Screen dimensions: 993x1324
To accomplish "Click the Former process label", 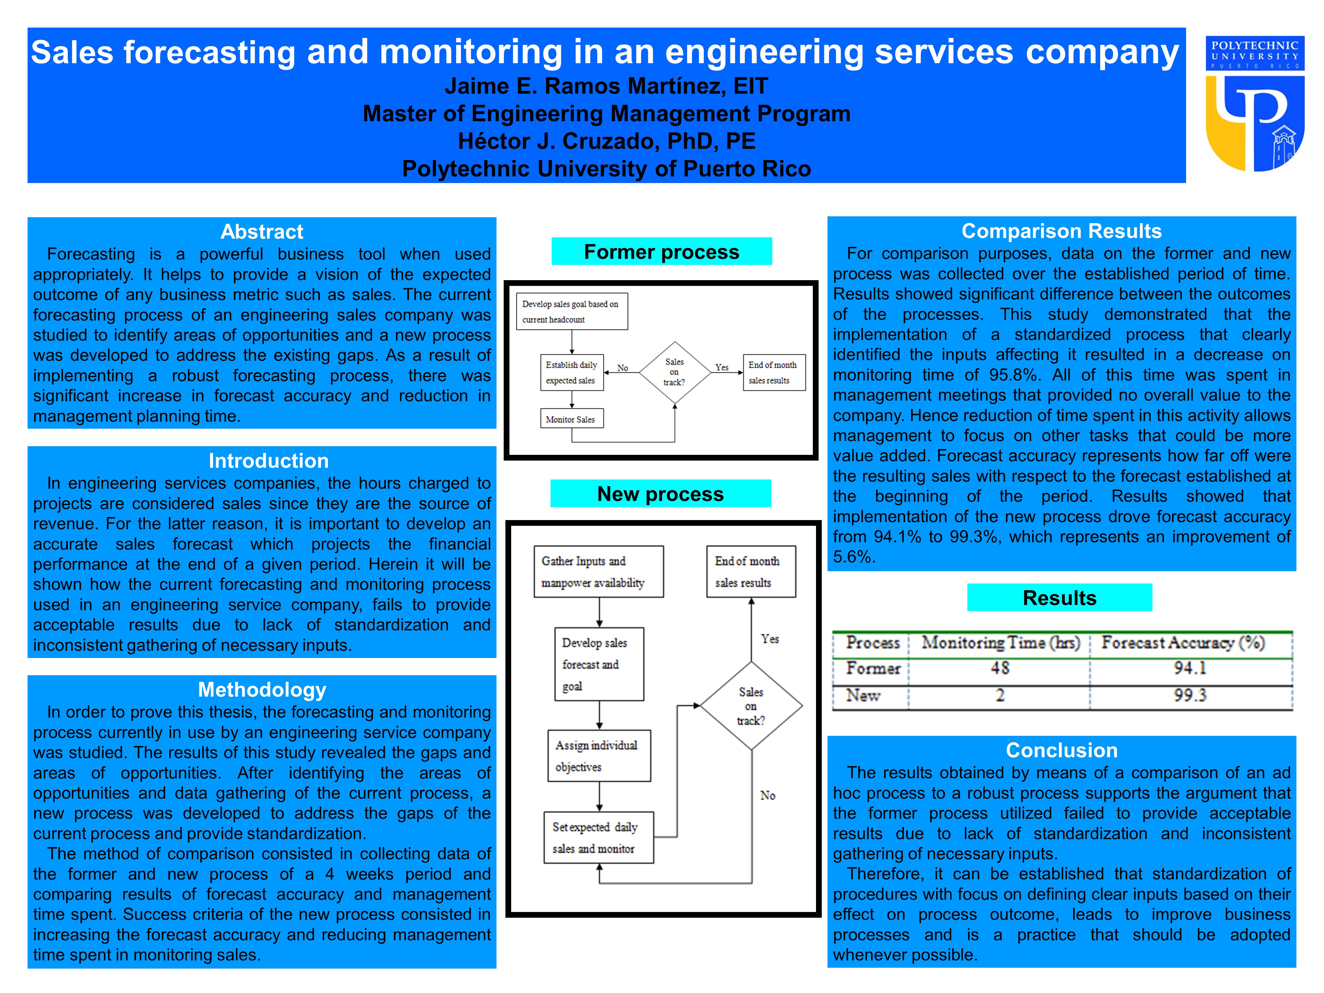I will pyautogui.click(x=661, y=252).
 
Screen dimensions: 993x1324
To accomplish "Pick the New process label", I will pyautogui.click(x=660, y=494).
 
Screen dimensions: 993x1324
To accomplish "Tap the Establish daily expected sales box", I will pyautogui.click(x=571, y=372).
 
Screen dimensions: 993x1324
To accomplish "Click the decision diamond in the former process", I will pyautogui.click(x=675, y=372).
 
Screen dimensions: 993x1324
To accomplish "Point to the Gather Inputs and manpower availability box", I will pyautogui.click(x=599, y=571).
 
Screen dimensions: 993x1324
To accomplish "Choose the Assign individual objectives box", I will pyautogui.click(x=599, y=756).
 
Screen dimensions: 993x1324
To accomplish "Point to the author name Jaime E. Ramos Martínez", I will pyautogui.click(x=606, y=86).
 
